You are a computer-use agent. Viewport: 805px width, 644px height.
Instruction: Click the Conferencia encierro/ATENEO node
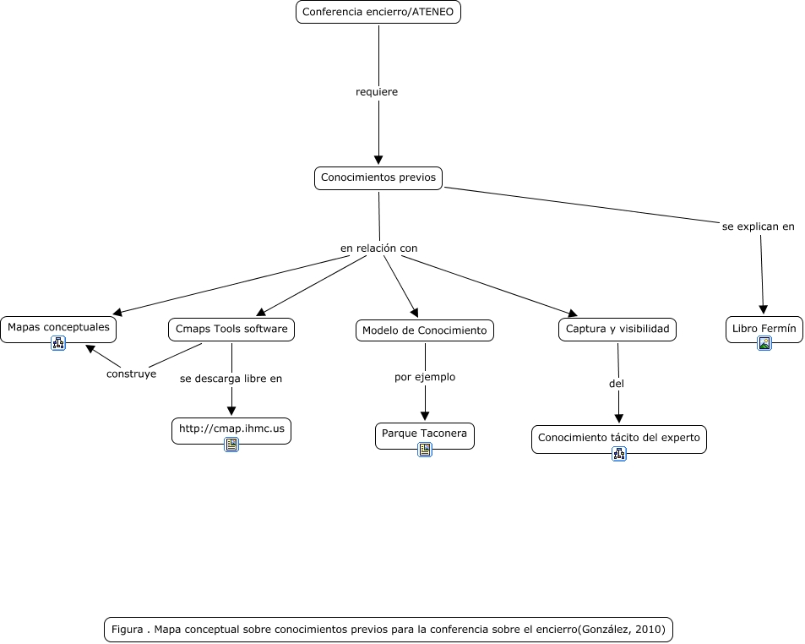378,12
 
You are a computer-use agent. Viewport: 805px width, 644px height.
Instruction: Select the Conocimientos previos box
378,177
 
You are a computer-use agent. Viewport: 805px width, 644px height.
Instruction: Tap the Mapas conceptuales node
58,330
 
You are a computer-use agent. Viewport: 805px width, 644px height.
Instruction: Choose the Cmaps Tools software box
231,330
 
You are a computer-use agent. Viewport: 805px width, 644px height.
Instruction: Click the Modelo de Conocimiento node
425,330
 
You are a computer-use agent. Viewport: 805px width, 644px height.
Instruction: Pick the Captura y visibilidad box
617,330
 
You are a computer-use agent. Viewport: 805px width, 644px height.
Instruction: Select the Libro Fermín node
764,330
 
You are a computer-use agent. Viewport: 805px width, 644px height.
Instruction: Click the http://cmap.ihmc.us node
231,431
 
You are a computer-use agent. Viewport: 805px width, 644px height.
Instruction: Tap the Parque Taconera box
425,436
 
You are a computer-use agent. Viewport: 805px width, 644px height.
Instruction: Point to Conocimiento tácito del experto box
618,439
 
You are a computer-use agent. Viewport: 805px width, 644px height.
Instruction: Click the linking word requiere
377,92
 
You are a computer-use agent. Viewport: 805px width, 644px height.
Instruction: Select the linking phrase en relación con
379,248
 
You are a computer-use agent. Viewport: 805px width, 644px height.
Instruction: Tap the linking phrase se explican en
759,226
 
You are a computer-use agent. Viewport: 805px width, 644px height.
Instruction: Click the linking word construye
132,374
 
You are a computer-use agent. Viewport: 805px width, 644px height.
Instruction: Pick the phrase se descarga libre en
231,379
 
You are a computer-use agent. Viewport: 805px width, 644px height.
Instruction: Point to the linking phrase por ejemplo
425,377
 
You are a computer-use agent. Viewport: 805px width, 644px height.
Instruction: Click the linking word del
616,384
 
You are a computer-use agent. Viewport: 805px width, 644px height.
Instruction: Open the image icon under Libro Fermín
764,343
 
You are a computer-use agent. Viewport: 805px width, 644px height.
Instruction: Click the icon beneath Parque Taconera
425,450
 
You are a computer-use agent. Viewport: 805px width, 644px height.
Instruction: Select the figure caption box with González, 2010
389,630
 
